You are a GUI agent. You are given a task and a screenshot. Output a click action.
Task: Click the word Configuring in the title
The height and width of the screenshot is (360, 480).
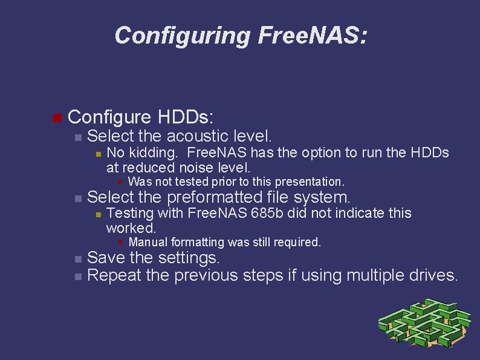click(x=182, y=36)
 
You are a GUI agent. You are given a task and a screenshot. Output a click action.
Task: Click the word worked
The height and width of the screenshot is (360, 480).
click(x=131, y=228)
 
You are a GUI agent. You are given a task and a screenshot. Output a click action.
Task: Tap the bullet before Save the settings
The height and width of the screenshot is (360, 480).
click(x=77, y=259)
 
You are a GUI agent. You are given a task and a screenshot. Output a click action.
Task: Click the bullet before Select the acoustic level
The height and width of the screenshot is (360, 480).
click(x=77, y=136)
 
